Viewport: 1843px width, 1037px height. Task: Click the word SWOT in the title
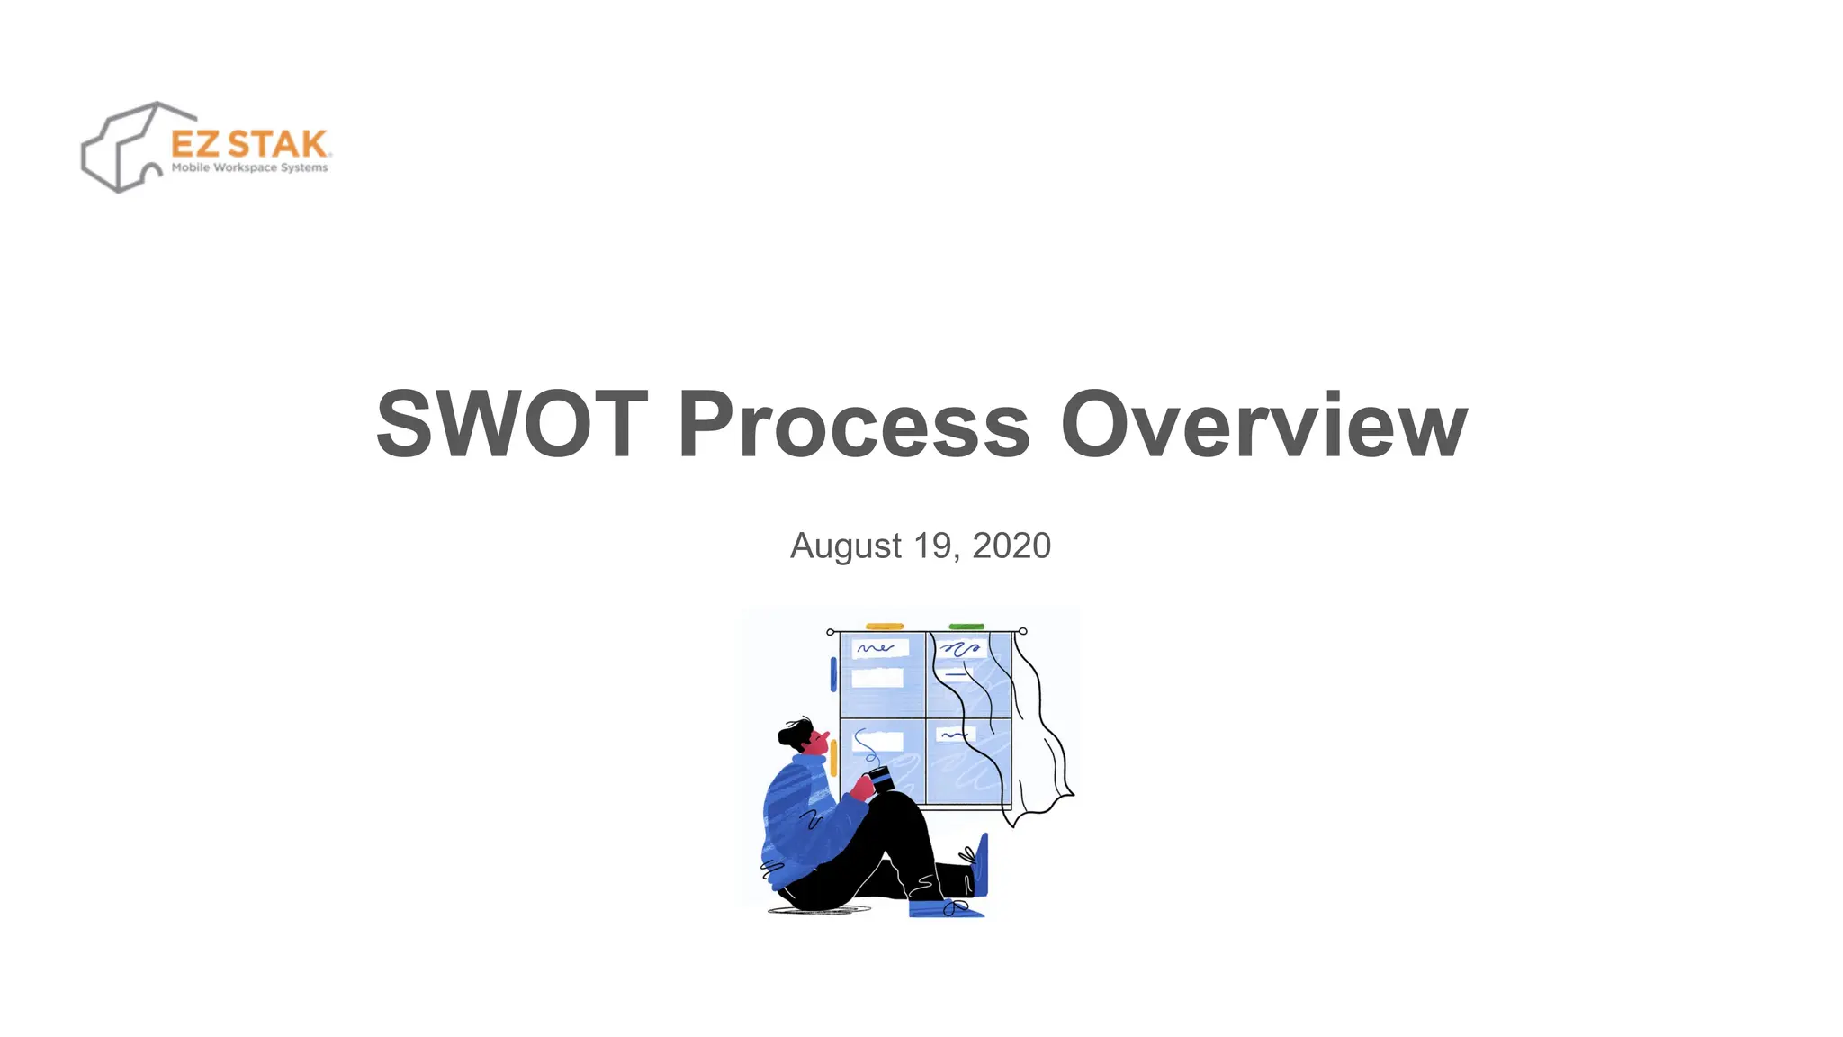[511, 424]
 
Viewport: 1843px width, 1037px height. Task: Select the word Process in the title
[853, 424]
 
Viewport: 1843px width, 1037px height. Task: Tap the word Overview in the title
[1263, 424]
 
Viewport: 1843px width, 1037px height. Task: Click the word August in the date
[845, 546]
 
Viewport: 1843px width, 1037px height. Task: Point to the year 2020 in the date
[1011, 546]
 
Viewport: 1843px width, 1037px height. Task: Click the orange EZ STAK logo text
[249, 144]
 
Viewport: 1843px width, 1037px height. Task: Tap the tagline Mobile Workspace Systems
[249, 168]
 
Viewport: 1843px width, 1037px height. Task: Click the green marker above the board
[966, 626]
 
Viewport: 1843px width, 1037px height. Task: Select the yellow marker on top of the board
[884, 626]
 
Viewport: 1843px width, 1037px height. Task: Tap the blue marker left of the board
[833, 674]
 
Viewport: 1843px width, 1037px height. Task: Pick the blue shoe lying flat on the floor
[945, 908]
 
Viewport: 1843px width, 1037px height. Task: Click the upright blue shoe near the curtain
[981, 864]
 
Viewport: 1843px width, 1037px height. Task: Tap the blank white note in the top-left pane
[877, 677]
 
